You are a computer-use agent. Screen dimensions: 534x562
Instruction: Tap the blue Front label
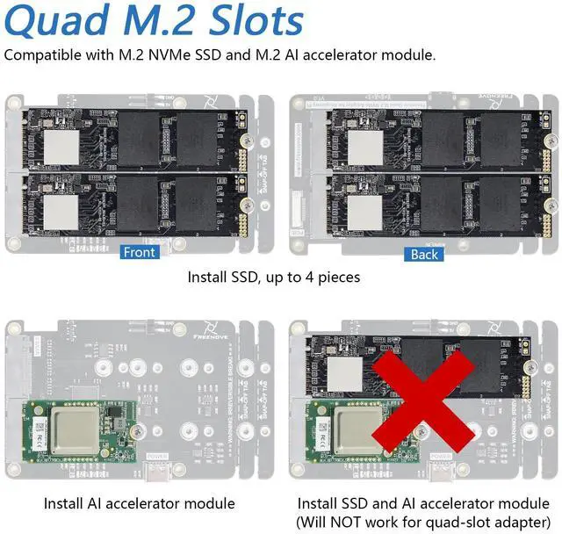(x=139, y=253)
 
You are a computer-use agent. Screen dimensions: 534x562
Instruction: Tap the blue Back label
(x=423, y=253)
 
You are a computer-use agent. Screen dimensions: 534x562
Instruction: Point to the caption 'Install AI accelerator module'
(x=139, y=503)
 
